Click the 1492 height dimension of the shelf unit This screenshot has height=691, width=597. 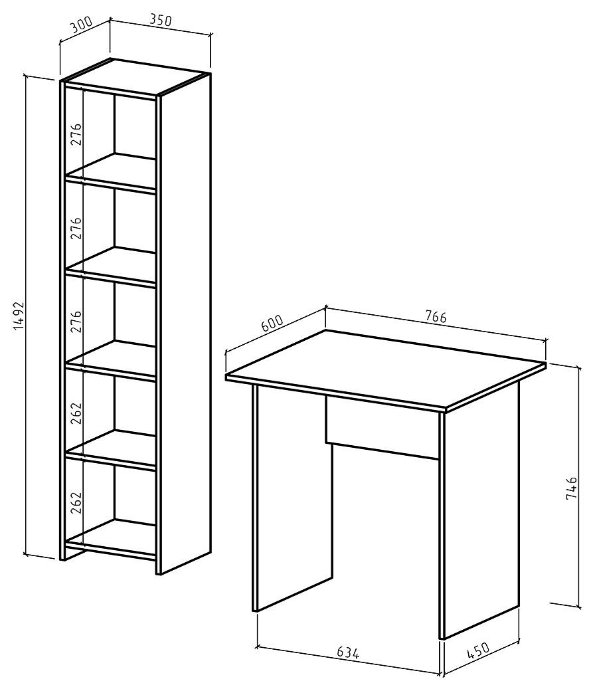18,316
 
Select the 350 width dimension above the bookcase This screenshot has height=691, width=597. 161,21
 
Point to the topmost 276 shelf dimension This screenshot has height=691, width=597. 76,134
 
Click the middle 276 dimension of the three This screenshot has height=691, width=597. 76,228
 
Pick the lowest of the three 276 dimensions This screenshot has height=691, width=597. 76,322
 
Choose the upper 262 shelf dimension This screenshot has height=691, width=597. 76,413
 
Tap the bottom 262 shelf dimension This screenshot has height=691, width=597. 76,502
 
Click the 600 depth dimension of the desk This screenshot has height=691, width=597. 272,324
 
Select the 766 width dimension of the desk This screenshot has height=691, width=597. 436,316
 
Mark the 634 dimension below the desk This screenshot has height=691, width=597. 348,652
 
